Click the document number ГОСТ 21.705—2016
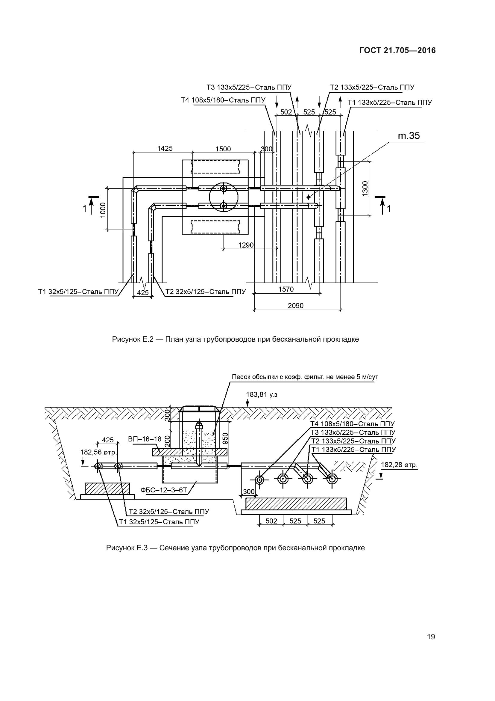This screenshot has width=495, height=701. pyautogui.click(x=397, y=50)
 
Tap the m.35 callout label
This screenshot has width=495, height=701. pyautogui.click(x=409, y=136)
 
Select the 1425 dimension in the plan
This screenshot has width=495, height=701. pyautogui.click(x=165, y=148)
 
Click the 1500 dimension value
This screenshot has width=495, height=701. pyautogui.click(x=223, y=149)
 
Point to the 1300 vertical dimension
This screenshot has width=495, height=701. pyautogui.click(x=365, y=189)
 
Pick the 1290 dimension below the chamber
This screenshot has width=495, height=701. pyautogui.click(x=246, y=245)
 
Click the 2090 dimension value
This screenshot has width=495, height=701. pyautogui.click(x=296, y=306)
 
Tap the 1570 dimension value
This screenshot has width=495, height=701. pyautogui.click(x=286, y=289)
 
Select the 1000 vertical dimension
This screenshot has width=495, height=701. pyautogui.click(x=103, y=210)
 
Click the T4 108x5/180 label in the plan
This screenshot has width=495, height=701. pyautogui.click(x=223, y=100)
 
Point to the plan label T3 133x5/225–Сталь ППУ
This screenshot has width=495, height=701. pyautogui.click(x=249, y=87)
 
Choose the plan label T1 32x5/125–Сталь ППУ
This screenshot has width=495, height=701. pyautogui.click(x=78, y=292)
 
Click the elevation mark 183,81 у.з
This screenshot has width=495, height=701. pyautogui.click(x=262, y=394)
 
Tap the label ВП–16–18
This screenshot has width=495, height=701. pyautogui.click(x=145, y=439)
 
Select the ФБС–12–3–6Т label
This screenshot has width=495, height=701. pyautogui.click(x=164, y=490)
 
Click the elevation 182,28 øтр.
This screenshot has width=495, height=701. pyautogui.click(x=399, y=465)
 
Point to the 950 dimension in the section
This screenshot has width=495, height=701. pyautogui.click(x=226, y=439)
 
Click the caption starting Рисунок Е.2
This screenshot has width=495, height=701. pyautogui.click(x=235, y=339)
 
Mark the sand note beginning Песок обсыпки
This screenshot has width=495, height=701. pyautogui.click(x=305, y=377)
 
